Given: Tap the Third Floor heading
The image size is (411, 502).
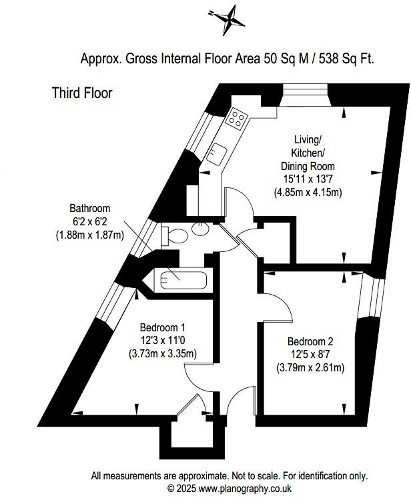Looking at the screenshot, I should [x=82, y=93].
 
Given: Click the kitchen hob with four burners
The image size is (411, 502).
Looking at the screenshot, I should [x=236, y=119].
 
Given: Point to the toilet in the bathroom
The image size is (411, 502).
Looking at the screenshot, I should [x=178, y=235].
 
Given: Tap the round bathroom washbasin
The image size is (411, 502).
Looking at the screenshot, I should [x=199, y=229].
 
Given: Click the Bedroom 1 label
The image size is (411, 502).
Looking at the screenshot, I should [x=162, y=327].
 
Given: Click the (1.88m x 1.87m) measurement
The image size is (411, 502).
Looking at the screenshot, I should [x=89, y=235].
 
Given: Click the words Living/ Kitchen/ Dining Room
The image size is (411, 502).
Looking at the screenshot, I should [x=308, y=153].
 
